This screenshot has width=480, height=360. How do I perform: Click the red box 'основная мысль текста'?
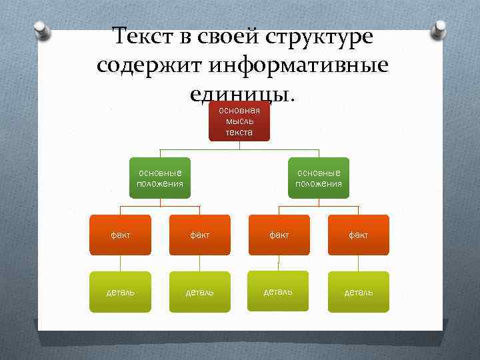click(x=239, y=121)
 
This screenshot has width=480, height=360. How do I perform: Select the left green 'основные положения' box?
click(x=159, y=178)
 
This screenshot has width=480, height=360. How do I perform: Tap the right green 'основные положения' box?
click(x=319, y=178)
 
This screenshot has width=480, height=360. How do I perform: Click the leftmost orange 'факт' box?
click(x=121, y=235)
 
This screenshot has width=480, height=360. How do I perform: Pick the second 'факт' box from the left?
click(x=199, y=235)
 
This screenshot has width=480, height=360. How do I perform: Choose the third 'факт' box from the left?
click(x=279, y=235)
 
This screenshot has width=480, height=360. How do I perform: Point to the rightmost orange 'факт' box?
click(x=358, y=235)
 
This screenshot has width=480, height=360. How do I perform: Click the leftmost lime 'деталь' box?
click(x=121, y=292)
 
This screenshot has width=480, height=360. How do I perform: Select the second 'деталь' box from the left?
click(x=199, y=292)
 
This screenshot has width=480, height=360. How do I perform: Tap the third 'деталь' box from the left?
click(x=279, y=291)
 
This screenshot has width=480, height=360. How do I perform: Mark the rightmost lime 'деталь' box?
click(x=358, y=292)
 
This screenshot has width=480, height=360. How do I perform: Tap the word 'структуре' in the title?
click(x=325, y=37)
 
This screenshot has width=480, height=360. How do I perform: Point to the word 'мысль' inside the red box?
click(x=239, y=121)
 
